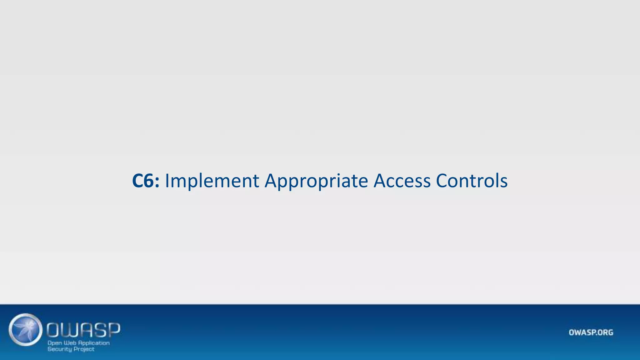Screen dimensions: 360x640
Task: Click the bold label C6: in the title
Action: click(146, 181)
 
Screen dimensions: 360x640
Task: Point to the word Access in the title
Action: click(402, 181)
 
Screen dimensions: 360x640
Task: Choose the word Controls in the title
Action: click(472, 181)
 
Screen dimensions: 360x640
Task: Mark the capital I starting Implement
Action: click(167, 181)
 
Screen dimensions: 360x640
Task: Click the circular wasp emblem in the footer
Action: click(26, 329)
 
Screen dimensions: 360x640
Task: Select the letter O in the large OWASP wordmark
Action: click(54, 330)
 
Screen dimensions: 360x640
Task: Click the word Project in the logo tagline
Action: click(84, 349)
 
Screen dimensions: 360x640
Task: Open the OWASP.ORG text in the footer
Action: click(591, 332)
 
